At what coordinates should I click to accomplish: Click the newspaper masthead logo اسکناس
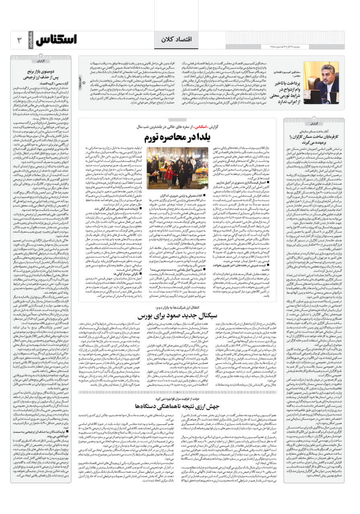(x=56, y=40)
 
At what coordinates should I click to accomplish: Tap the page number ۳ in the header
(x=19, y=40)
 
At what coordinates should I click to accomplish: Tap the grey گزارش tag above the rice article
(x=42, y=61)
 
